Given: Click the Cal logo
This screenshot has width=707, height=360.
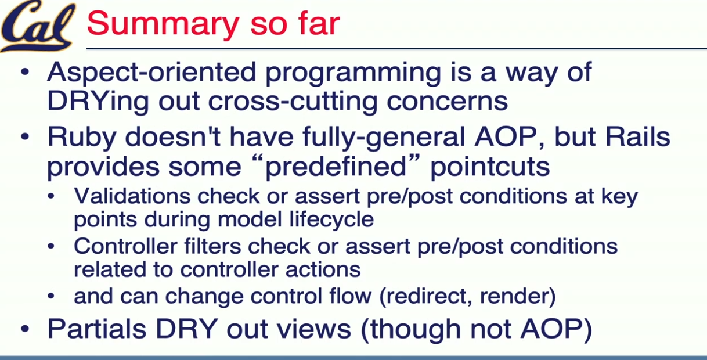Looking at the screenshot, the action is (38, 26).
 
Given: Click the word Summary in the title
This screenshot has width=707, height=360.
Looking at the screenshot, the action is (163, 24).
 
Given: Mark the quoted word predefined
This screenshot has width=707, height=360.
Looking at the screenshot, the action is (336, 167).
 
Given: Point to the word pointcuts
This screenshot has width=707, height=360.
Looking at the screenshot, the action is (490, 167).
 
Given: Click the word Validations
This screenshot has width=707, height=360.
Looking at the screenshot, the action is (132, 196).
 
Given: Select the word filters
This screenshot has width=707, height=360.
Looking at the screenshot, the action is (212, 246).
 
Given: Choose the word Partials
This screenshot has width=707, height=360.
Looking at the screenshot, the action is (97, 329).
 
